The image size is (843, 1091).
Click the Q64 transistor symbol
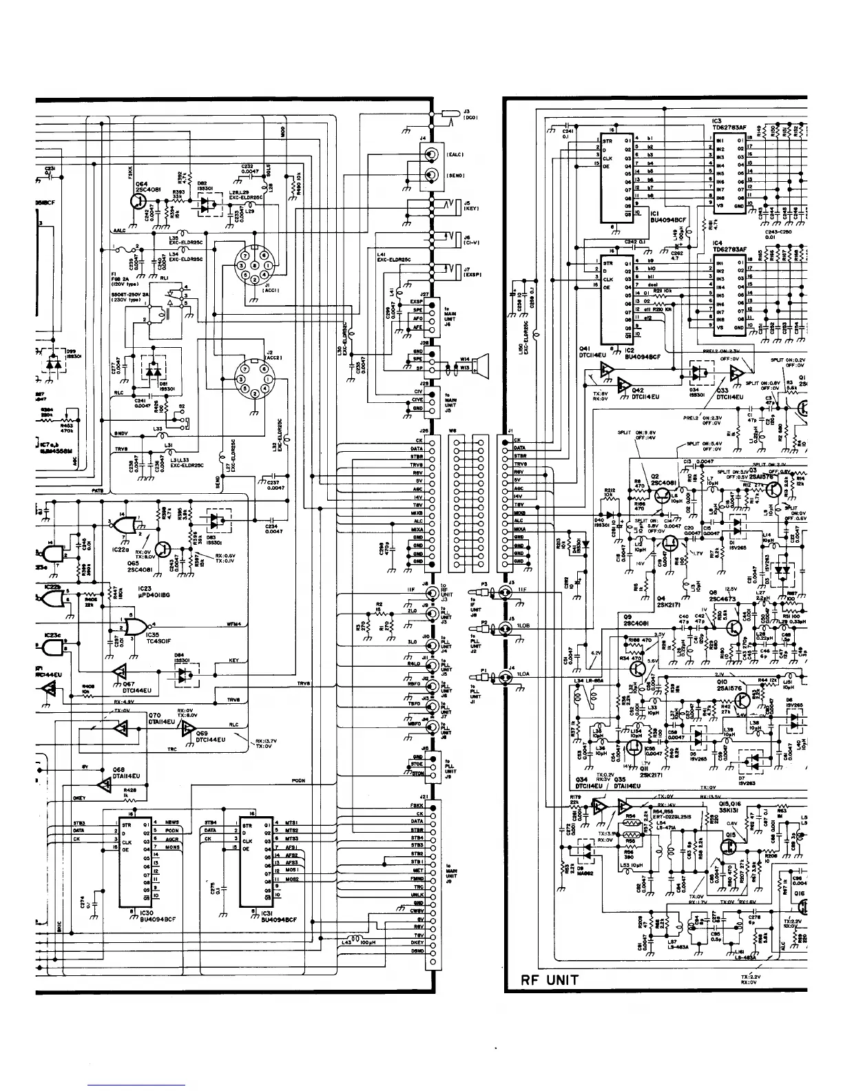click(x=139, y=202)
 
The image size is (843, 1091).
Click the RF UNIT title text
click(x=550, y=979)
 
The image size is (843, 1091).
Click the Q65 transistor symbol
click(x=163, y=549)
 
